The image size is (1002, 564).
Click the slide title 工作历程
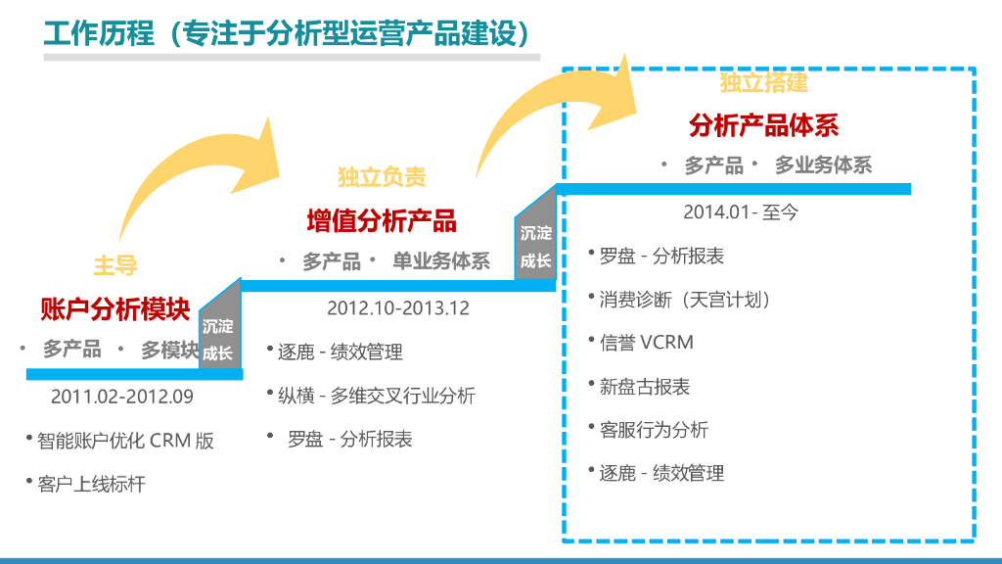tap(98, 32)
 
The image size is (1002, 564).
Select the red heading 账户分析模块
tap(115, 309)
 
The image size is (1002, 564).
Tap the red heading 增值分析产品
tap(382, 220)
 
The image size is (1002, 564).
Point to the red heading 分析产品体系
tap(763, 125)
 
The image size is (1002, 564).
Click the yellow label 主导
tap(115, 264)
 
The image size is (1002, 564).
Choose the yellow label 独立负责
tap(382, 177)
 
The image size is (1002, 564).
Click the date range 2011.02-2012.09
tap(122, 398)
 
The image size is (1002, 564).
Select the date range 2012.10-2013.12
tap(398, 308)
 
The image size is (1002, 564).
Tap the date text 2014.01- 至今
tap(741, 211)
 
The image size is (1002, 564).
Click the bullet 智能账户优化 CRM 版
tap(125, 441)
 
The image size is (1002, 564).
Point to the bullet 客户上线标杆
tap(91, 484)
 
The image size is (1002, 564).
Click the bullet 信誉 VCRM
tap(646, 343)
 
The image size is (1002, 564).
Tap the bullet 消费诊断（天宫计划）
tap(685, 300)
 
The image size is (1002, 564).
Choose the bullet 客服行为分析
tap(654, 430)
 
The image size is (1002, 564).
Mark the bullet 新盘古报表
tap(645, 387)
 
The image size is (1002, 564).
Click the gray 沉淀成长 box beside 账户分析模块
tap(219, 338)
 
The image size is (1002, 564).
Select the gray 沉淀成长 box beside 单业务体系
tap(536, 247)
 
